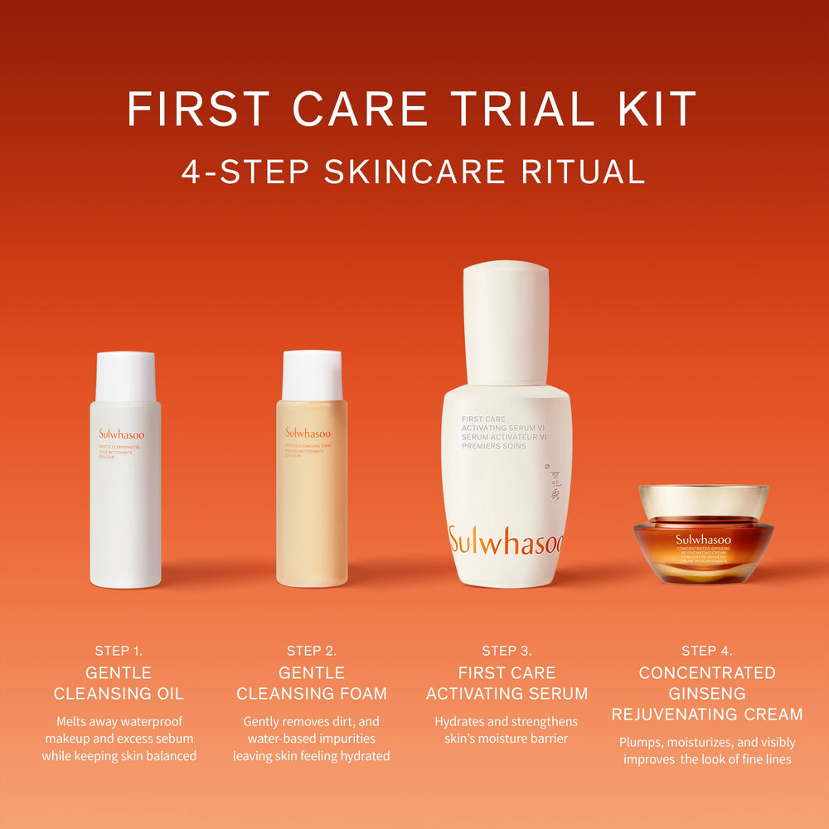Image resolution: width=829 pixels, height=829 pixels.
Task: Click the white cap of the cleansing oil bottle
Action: pos(125,376)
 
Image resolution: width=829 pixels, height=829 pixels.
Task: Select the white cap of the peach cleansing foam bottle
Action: pos(312,375)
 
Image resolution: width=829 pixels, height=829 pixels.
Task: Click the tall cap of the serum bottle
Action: pos(506,323)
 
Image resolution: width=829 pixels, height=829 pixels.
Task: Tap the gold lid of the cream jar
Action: pos(703,501)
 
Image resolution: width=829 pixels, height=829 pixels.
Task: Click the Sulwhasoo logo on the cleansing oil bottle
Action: pos(121,433)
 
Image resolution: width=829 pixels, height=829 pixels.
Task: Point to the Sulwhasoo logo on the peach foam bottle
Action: pos(308,433)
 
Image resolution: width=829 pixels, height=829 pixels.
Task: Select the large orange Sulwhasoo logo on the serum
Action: pos(506,541)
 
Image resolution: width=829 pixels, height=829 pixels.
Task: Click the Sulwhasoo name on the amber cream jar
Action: pos(703,538)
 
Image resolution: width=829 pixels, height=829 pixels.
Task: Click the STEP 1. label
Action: pos(124,651)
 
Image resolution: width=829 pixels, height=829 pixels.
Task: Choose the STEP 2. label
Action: pos(312,651)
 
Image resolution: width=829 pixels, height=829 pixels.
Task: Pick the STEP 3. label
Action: pos(507,651)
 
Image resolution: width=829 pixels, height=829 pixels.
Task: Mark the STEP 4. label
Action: pos(706,651)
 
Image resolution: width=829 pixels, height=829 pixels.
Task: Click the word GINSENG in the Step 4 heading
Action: pos(706,693)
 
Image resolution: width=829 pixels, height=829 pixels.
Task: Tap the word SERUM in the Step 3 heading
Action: pos(555,693)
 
